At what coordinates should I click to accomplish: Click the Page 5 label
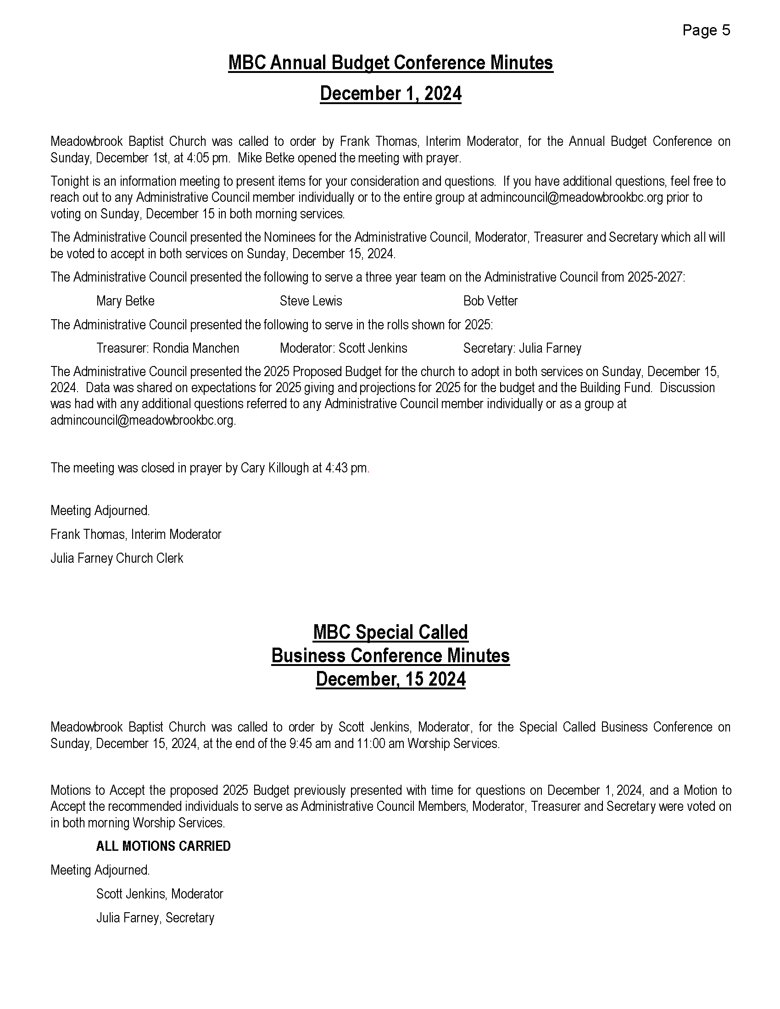(x=706, y=30)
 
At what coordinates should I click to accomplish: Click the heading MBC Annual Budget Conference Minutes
(x=390, y=63)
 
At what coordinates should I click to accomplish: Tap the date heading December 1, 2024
(x=390, y=93)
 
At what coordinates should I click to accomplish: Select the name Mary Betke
(x=125, y=301)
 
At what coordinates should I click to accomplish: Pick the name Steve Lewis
(x=311, y=301)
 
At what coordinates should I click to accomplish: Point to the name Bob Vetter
(x=490, y=301)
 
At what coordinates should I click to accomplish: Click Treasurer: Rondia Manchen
(x=168, y=348)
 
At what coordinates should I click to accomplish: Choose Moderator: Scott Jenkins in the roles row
(x=343, y=348)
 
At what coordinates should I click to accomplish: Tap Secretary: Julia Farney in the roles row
(x=522, y=348)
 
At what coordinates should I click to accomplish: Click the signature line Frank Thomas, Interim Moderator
(x=136, y=534)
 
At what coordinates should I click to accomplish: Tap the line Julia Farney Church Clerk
(x=117, y=558)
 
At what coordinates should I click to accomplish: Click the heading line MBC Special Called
(x=390, y=632)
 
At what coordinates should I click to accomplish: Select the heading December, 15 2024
(x=390, y=679)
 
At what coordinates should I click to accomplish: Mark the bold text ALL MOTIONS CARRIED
(x=163, y=846)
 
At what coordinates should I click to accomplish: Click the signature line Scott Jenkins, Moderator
(x=159, y=894)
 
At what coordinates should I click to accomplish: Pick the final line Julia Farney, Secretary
(x=155, y=918)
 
